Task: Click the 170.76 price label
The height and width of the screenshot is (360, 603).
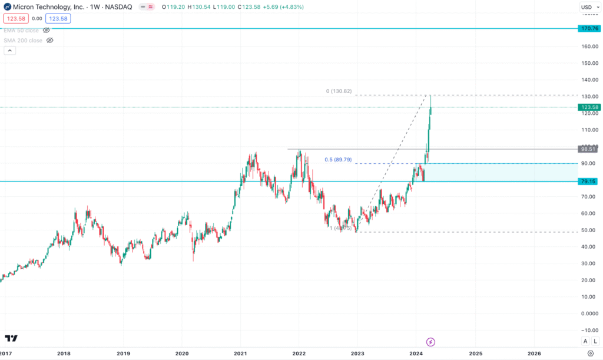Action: pyautogui.click(x=589, y=28)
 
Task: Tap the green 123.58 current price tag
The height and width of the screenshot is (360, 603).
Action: pyautogui.click(x=589, y=107)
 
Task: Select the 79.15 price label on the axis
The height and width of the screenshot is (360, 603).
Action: pyautogui.click(x=589, y=181)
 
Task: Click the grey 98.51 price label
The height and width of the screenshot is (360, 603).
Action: pyautogui.click(x=589, y=149)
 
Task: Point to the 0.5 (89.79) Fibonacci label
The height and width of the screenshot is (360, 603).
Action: pyautogui.click(x=338, y=160)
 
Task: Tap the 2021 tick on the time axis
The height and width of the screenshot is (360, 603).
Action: pyautogui.click(x=240, y=354)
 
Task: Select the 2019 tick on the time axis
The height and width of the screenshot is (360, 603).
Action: pyautogui.click(x=122, y=354)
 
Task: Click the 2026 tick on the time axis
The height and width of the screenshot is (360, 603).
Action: pyautogui.click(x=534, y=354)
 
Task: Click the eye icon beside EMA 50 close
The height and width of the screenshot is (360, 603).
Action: pyautogui.click(x=47, y=30)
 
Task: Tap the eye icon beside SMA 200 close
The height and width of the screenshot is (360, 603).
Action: pyautogui.click(x=49, y=41)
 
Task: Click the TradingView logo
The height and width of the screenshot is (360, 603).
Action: pyautogui.click(x=11, y=338)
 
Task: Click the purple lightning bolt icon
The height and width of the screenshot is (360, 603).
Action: pyautogui.click(x=430, y=341)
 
